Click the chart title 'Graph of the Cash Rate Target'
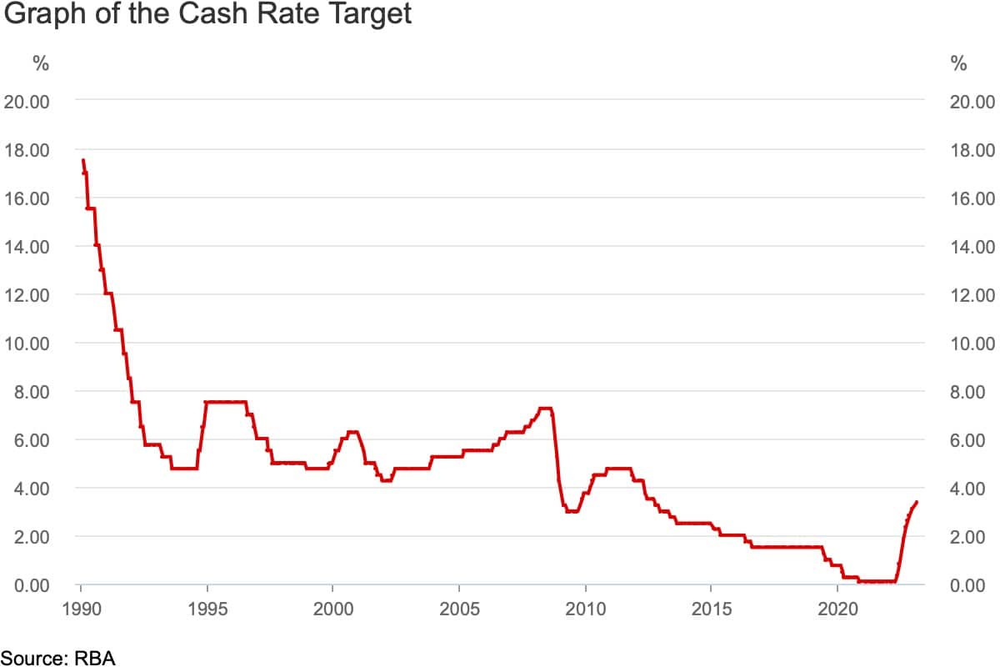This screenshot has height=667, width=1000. point(207,15)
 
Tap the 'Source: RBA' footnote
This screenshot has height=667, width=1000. point(57,658)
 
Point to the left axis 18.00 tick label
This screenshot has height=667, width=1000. point(28,150)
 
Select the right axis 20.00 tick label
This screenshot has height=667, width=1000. point(972,102)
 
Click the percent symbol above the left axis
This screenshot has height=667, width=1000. point(41,64)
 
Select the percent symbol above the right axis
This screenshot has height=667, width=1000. point(958,64)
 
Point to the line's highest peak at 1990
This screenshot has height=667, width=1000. point(82,160)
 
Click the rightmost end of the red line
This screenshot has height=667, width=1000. point(917,502)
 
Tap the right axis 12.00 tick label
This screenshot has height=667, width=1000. point(972,295)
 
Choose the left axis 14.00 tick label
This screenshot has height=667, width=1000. point(28,247)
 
